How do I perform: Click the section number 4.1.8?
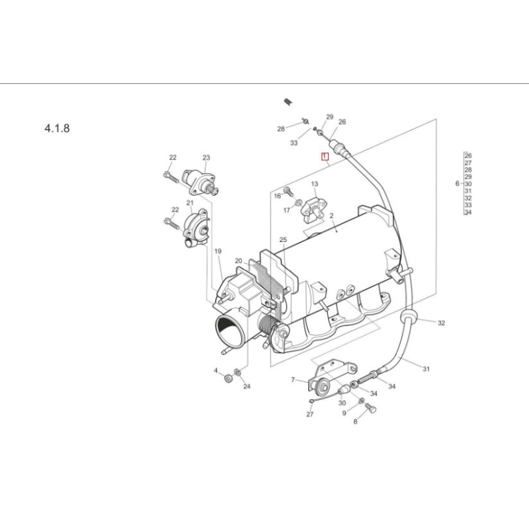click(x=56, y=128)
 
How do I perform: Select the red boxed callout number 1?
click(x=325, y=157)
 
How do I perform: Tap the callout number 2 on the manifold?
click(x=331, y=216)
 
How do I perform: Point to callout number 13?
click(x=315, y=184)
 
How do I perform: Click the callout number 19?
click(x=218, y=251)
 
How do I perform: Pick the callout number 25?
click(x=283, y=239)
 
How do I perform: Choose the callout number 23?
click(x=206, y=157)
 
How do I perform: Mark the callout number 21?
click(x=190, y=202)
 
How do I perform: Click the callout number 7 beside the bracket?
click(x=293, y=380)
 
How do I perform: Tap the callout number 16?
click(x=278, y=196)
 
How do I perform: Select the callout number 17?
click(x=287, y=210)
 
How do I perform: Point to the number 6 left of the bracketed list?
click(x=457, y=183)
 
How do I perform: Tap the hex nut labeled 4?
click(x=227, y=378)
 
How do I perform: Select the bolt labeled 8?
click(x=370, y=410)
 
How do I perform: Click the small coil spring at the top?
click(x=288, y=101)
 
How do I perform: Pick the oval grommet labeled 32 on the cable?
click(x=407, y=317)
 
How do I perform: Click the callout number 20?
click(x=239, y=261)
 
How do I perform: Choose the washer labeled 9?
click(x=361, y=401)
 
